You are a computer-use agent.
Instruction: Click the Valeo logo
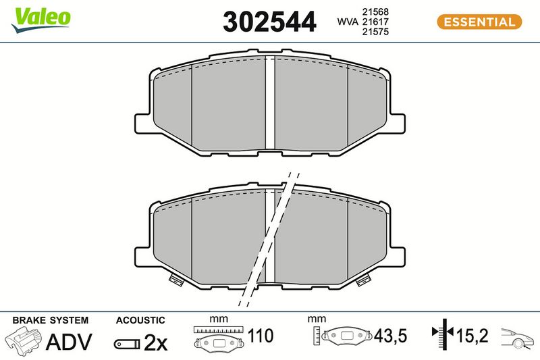(40, 20)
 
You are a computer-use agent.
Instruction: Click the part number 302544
(269, 22)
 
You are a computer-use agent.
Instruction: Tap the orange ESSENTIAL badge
(479, 22)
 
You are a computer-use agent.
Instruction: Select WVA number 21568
(375, 11)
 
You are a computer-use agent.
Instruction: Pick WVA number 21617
(375, 22)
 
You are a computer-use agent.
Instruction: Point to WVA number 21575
(375, 32)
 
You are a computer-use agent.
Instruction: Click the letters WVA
(348, 22)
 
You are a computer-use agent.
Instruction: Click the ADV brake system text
(69, 342)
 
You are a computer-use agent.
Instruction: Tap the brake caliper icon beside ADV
(24, 341)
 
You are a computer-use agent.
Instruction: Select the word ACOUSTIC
(140, 320)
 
